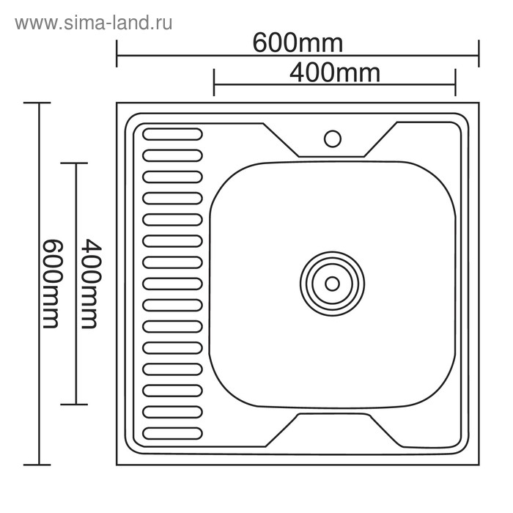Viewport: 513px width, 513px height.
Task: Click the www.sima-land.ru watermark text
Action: pyautogui.click(x=93, y=23)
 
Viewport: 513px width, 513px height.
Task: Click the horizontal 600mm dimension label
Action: pyautogui.click(x=298, y=43)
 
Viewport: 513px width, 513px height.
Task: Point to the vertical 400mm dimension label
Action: pyautogui.click(x=89, y=283)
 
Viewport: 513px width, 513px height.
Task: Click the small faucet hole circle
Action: pyautogui.click(x=332, y=137)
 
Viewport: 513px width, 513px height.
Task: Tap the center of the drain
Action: pyautogui.click(x=332, y=283)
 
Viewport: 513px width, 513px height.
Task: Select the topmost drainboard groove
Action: pyautogui.click(x=172, y=134)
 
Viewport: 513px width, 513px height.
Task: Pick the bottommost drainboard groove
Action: pyautogui.click(x=172, y=432)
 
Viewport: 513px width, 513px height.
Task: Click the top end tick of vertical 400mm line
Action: pyautogui.click(x=75, y=163)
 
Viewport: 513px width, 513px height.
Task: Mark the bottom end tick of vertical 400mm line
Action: pyautogui.click(x=75, y=404)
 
